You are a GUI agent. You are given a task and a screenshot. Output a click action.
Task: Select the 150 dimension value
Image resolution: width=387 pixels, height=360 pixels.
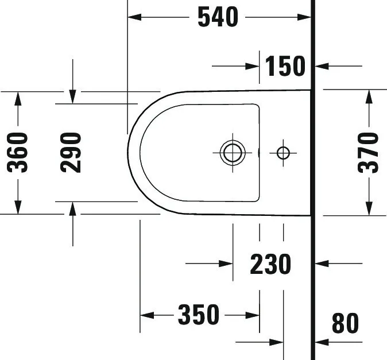click(x=285, y=66)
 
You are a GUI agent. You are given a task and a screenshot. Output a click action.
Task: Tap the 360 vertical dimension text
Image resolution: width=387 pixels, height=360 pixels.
click(x=19, y=152)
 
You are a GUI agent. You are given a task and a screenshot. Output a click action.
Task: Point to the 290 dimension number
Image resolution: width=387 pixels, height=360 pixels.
click(x=72, y=152)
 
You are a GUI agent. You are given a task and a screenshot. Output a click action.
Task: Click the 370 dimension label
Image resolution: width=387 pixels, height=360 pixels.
click(x=368, y=153)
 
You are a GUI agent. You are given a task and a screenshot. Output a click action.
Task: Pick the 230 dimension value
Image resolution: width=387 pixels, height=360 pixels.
click(x=270, y=264)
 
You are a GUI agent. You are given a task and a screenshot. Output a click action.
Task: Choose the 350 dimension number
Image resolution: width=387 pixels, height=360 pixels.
click(x=199, y=315)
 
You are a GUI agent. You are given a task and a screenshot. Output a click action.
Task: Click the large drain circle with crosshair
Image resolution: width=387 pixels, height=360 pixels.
click(x=233, y=152)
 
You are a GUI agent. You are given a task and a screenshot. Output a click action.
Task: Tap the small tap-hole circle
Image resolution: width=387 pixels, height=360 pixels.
click(x=283, y=153)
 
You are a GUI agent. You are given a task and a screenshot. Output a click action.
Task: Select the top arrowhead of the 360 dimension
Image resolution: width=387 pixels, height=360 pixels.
click(x=18, y=98)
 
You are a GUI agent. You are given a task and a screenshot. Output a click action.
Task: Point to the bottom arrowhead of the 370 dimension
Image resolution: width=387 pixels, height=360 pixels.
click(x=368, y=208)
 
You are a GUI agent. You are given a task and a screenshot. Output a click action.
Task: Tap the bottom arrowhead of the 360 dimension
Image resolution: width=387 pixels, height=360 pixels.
click(x=18, y=207)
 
